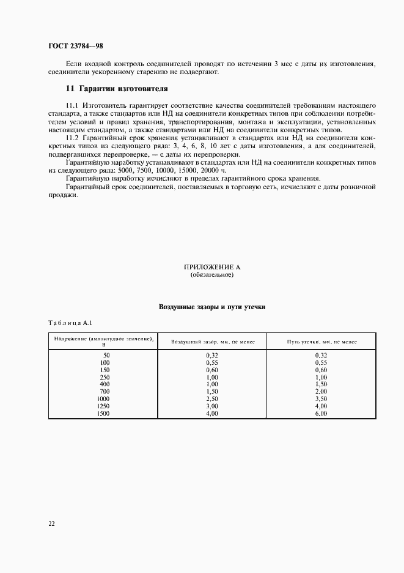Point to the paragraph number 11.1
click(72, 106)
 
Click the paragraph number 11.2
click(72, 139)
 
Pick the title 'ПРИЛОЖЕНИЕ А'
click(212, 268)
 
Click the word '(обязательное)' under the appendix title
click(212, 275)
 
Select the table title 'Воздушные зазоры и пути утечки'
click(212, 306)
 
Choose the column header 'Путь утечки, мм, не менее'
click(321, 342)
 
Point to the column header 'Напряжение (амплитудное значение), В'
click(103, 341)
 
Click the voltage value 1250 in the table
click(103, 406)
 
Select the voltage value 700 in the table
click(105, 391)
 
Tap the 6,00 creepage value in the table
click(321, 413)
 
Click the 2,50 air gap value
click(212, 399)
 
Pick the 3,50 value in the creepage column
click(321, 399)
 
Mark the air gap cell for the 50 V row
click(212, 355)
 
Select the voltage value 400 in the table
click(105, 384)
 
